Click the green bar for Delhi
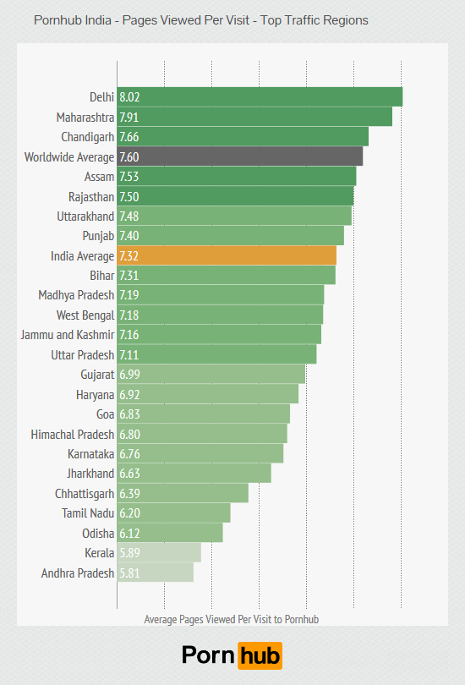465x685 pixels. pos(260,96)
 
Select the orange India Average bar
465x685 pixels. pos(227,255)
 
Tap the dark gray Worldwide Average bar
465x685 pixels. pos(240,156)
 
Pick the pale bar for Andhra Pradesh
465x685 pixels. pos(156,573)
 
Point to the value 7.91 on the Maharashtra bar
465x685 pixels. pos(129,117)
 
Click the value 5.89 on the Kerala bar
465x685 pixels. pos(129,553)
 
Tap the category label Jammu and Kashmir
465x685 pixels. pos(67,335)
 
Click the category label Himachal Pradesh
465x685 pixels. pos(72,434)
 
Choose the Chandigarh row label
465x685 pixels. pos(87,136)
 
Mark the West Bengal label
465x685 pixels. pos(85,315)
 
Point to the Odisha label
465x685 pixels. pos(97,533)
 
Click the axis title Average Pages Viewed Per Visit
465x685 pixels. pos(231,619)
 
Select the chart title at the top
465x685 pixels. pos(201,19)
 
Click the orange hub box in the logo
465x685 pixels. pos(260,655)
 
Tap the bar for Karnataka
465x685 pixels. pos(200,454)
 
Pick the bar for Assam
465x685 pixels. pos(237,176)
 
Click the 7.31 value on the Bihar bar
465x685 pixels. pos(129,276)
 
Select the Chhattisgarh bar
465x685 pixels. pos(183,494)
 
